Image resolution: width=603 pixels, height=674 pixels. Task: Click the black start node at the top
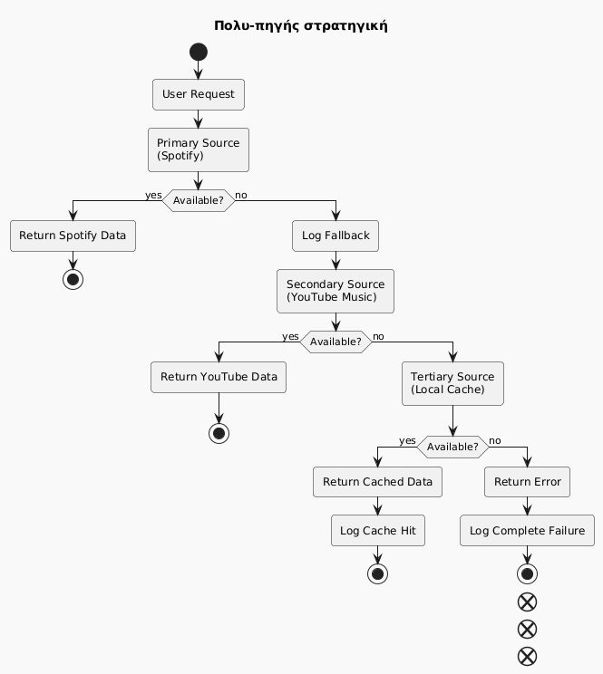pos(199,52)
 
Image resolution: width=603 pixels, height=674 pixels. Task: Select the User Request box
pos(199,94)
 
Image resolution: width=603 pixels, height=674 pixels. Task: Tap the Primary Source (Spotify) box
pos(199,149)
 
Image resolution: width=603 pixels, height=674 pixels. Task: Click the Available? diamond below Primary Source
pos(199,200)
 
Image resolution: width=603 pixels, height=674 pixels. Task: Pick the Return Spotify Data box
pos(73,236)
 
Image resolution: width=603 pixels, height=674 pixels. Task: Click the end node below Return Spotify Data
pos(73,279)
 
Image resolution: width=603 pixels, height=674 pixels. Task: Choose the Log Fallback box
pos(336,236)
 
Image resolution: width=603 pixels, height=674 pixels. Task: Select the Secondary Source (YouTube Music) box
pos(336,291)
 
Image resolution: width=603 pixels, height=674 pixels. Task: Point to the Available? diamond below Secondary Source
pos(336,342)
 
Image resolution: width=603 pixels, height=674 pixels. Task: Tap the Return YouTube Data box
pos(219,377)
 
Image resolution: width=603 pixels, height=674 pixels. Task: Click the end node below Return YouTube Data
pos(219,433)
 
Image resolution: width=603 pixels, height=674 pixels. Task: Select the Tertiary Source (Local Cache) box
pos(452,383)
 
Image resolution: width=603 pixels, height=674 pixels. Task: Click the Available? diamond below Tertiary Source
pos(452,447)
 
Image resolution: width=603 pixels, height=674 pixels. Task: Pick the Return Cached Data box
pos(377,482)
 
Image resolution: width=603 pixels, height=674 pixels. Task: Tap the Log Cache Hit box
pos(378,531)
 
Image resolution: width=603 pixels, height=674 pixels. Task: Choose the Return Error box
pos(528,482)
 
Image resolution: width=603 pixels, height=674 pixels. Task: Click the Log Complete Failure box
pos(528,531)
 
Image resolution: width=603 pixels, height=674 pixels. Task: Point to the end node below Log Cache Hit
pos(377,573)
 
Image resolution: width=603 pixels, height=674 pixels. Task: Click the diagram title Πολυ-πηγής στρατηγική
pos(301,25)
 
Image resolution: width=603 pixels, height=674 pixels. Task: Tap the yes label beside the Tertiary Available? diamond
pos(407,440)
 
